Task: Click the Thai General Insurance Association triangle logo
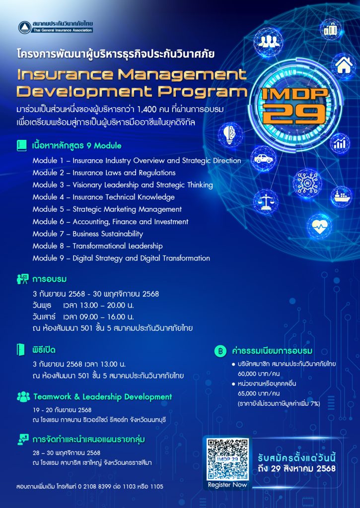coord(25,27)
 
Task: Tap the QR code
coord(228,459)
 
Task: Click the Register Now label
coord(227,485)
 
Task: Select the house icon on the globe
coord(344,66)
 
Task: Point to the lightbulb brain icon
coord(230,134)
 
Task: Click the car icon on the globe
coord(263,158)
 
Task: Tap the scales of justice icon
coord(266,201)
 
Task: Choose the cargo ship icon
coord(341,196)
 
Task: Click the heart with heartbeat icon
coord(319,226)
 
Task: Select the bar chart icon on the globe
coord(340,143)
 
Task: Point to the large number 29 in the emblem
coord(294,115)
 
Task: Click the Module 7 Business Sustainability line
coord(87,234)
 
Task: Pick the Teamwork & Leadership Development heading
coord(103,397)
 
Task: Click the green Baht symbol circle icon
coord(220,351)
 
